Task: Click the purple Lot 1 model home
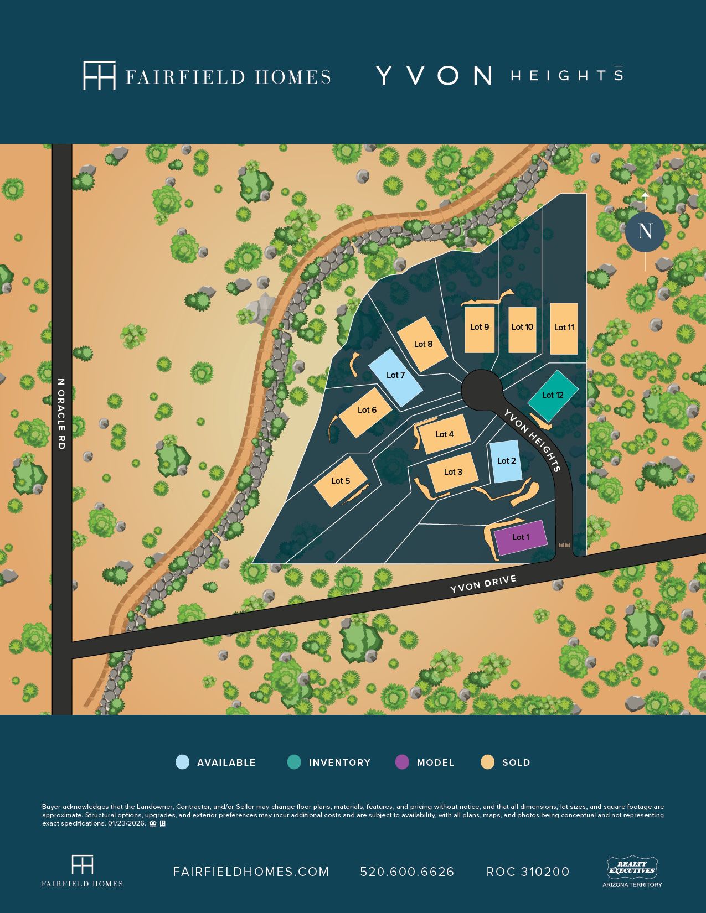coord(521,537)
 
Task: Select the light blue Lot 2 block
coord(506,461)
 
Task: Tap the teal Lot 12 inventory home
coord(553,395)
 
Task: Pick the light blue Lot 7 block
coord(395,376)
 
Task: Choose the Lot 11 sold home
coord(564,328)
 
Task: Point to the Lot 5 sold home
coord(341,481)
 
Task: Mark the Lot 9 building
coord(479,329)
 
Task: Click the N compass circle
coord(645,231)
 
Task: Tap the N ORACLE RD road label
coord(61,414)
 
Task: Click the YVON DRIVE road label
coord(483,584)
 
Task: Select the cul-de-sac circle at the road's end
coord(482,390)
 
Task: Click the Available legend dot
coord(182,762)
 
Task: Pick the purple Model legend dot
coord(402,762)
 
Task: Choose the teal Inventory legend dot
coord(294,762)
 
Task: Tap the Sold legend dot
coord(487,762)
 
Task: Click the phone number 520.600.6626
coord(407,871)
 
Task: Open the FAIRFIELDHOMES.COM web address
coord(251,871)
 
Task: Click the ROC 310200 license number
coord(528,871)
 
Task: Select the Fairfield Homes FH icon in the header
coord(99,75)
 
